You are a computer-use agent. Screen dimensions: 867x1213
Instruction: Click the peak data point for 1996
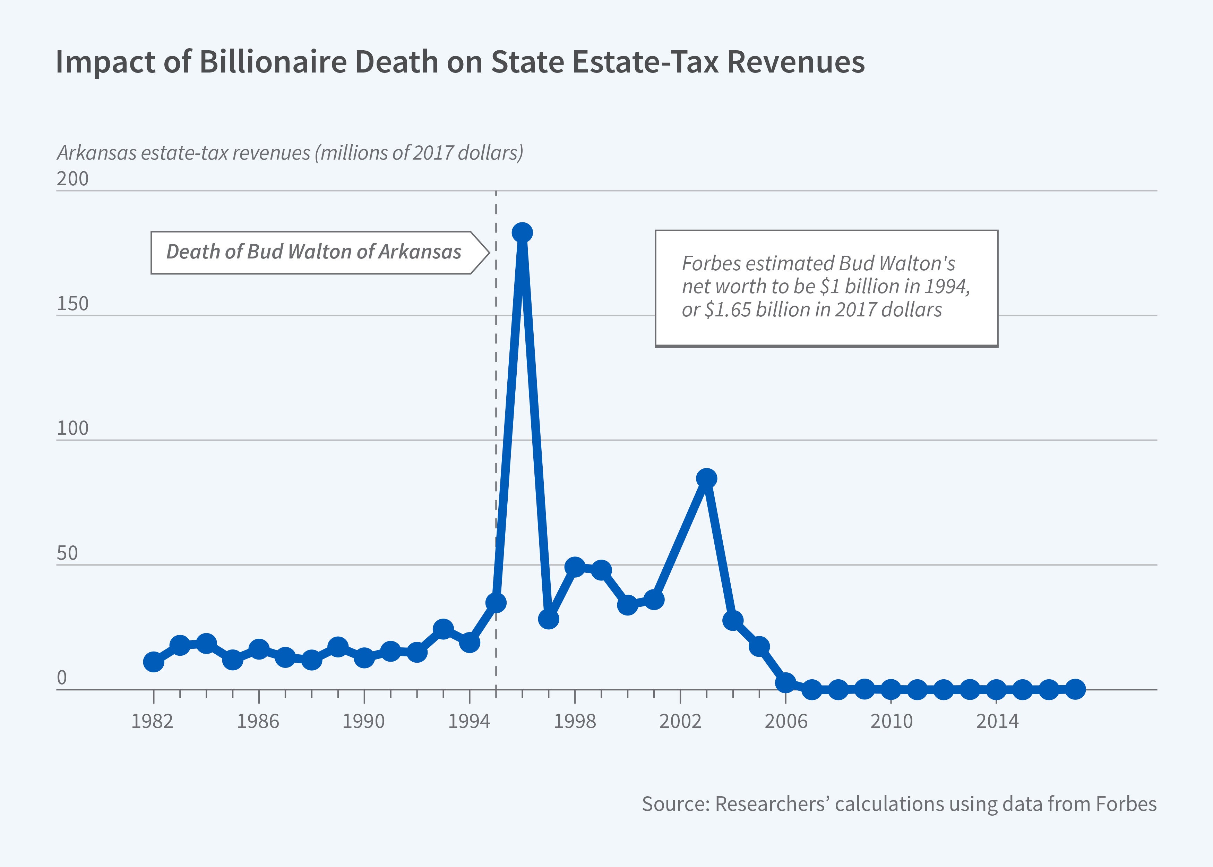click(x=522, y=233)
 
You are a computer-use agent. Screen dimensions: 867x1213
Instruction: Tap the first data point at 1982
click(x=154, y=662)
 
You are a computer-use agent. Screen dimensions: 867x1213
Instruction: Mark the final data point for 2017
click(x=1075, y=689)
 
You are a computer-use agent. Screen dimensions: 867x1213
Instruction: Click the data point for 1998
click(x=575, y=567)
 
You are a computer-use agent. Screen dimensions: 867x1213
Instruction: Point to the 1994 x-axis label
click(x=469, y=721)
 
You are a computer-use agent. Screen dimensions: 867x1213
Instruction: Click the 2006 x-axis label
click(x=785, y=721)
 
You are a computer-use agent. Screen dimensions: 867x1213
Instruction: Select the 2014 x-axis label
click(x=997, y=721)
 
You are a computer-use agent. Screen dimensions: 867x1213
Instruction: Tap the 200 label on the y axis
click(x=72, y=178)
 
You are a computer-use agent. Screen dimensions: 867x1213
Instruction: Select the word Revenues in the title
click(x=795, y=62)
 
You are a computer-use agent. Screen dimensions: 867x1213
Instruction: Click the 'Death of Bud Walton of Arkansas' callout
click(x=314, y=252)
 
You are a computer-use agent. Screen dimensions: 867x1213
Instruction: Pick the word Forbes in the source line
click(x=1126, y=804)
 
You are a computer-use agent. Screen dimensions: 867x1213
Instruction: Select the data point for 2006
click(x=785, y=682)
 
